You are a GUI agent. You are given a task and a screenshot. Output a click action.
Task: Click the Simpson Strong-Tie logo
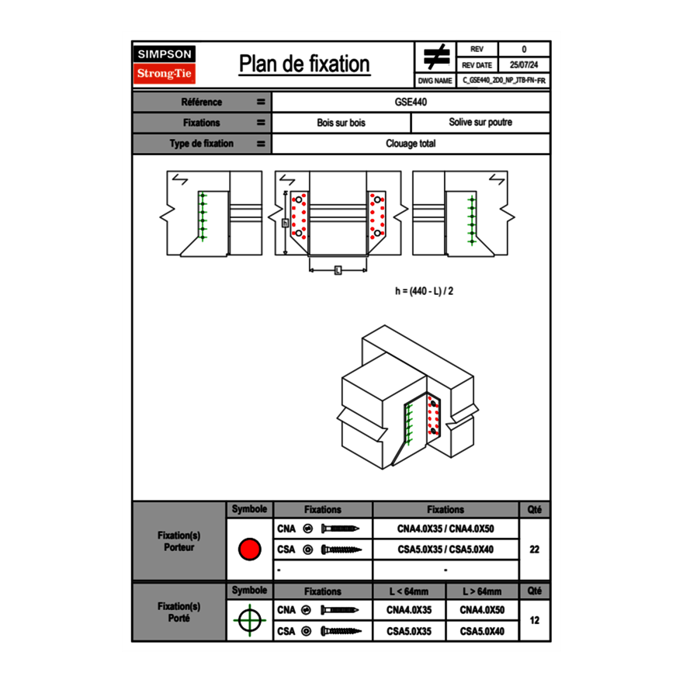click(165, 64)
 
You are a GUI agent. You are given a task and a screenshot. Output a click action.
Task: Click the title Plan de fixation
click(304, 64)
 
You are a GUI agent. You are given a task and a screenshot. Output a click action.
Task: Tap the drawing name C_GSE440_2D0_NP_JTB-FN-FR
click(504, 80)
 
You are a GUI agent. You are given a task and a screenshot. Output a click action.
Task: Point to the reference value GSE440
click(411, 102)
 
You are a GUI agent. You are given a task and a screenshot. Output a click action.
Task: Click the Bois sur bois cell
click(341, 123)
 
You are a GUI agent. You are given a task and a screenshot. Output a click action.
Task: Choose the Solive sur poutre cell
click(480, 123)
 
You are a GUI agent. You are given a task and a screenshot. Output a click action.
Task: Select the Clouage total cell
click(411, 144)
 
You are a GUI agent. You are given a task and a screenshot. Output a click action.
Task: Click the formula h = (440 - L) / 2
click(424, 291)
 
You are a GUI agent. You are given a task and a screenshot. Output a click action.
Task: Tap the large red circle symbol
click(249, 550)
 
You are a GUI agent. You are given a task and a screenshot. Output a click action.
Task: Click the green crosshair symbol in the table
click(249, 619)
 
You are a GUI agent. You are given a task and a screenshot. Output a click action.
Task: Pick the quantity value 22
click(534, 550)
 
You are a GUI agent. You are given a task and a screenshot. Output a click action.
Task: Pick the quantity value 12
click(534, 619)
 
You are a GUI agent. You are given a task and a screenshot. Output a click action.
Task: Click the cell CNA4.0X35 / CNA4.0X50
click(446, 529)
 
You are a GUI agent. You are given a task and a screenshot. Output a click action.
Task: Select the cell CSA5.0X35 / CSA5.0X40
click(446, 550)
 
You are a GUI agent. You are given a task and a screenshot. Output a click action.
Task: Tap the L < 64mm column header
click(409, 591)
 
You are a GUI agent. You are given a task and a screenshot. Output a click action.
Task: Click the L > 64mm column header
click(482, 591)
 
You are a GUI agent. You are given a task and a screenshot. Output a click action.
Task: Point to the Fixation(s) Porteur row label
click(179, 541)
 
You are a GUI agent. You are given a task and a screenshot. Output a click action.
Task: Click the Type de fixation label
click(202, 144)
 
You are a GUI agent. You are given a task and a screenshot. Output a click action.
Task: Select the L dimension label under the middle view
click(338, 270)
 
